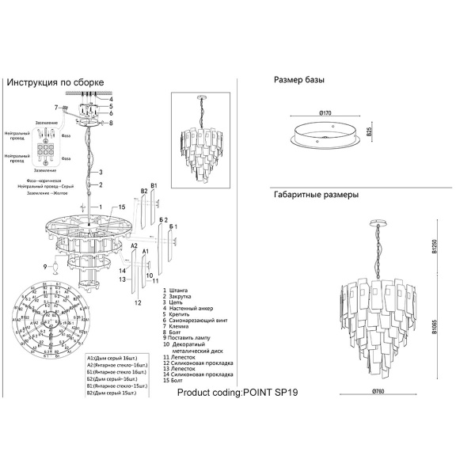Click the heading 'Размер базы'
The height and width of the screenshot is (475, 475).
299,81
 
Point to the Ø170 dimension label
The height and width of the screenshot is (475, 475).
324,113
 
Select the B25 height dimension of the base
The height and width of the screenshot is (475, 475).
370,134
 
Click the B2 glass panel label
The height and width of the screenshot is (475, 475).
144,192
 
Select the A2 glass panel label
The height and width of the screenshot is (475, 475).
135,247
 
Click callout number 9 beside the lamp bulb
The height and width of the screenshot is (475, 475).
45,267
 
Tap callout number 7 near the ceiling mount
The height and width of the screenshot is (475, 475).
56,108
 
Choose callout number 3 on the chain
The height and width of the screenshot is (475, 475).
101,172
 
